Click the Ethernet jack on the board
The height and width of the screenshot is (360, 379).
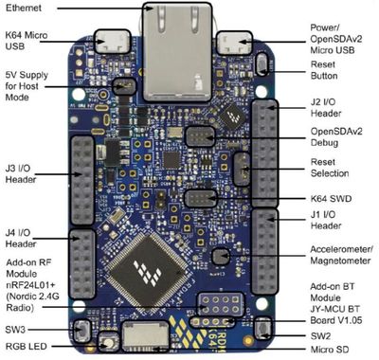(177, 52)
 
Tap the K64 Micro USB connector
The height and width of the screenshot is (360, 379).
(113, 42)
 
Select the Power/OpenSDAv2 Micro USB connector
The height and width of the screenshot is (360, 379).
(234, 44)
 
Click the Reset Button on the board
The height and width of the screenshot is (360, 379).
(262, 64)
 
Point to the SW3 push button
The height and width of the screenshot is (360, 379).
(81, 331)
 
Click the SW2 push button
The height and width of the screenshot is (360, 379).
(263, 328)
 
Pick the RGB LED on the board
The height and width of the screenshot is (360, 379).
(109, 343)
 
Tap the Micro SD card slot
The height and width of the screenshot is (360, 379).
(146, 336)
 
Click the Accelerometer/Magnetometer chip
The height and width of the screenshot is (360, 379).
(221, 257)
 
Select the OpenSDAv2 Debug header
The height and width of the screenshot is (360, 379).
(200, 136)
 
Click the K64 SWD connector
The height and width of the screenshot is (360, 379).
(202, 199)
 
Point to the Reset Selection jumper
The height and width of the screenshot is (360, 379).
(242, 170)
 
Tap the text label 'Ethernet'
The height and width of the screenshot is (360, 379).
(24, 8)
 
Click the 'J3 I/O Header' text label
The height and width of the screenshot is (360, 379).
(21, 174)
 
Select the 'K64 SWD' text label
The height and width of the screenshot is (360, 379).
(331, 199)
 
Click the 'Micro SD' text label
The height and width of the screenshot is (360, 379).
(330, 350)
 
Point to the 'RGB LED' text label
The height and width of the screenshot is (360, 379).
(27, 347)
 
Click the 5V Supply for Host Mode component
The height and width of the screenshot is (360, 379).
(124, 86)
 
